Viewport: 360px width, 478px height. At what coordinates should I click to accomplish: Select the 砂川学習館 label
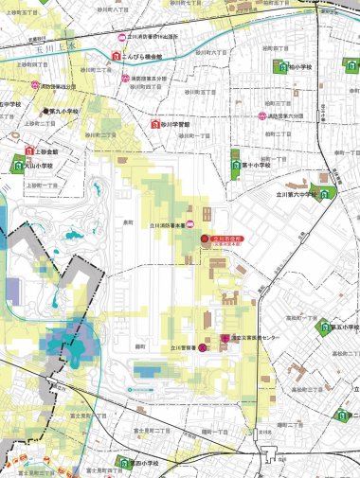pos(177,124)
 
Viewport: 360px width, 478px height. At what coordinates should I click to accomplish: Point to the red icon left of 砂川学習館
pos(155,124)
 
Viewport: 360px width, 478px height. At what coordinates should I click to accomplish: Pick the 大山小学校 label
pos(43,164)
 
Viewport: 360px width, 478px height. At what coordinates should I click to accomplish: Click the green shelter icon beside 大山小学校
pos(16,163)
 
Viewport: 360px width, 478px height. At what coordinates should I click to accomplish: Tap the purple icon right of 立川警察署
pos(201,348)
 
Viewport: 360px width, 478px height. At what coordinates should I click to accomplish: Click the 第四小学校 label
pos(147,464)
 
